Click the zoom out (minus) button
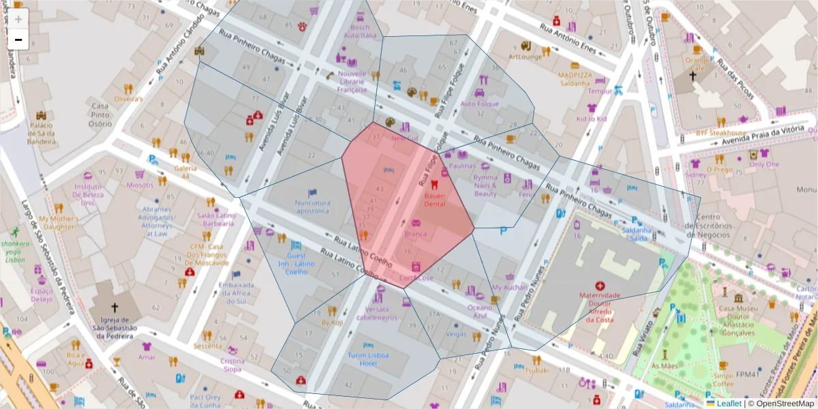[18, 40]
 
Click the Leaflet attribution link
[728, 403]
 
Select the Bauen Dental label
[434, 199]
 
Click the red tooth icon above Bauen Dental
[434, 184]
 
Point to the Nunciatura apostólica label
[312, 207]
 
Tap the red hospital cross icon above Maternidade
[600, 286]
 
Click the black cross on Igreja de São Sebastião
[115, 307]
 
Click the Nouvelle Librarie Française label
[352, 81]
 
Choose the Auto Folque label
[480, 104]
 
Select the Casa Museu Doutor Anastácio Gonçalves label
[739, 320]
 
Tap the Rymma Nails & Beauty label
[486, 185]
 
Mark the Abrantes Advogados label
[157, 222]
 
